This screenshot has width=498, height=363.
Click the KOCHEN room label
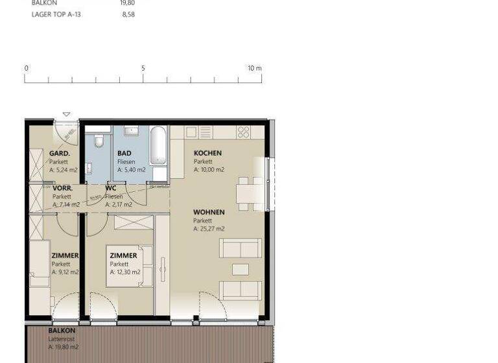pyautogui.click(x=207, y=154)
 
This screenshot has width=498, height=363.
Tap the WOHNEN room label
pyautogui.click(x=209, y=213)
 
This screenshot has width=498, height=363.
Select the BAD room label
pyautogui.click(x=124, y=154)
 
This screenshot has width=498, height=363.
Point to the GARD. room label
pyautogui.click(x=60, y=154)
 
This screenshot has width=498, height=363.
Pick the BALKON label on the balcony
pyautogui.click(x=62, y=331)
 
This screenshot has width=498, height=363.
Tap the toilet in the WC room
pyautogui.click(x=99, y=141)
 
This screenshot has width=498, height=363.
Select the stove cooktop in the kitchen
pyautogui.click(x=243, y=132)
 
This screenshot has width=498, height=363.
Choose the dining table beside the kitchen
pyautogui.click(x=246, y=193)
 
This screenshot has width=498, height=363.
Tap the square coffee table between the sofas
pyautogui.click(x=241, y=269)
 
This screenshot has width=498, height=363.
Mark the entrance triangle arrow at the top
pyautogui.click(x=66, y=115)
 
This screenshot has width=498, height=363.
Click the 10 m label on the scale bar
pyautogui.click(x=254, y=68)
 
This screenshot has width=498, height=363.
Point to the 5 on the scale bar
pyautogui.click(x=143, y=68)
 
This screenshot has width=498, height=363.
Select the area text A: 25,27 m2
pyautogui.click(x=209, y=229)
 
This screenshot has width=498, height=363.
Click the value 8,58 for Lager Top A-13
pyautogui.click(x=127, y=13)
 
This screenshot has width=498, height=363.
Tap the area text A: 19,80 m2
pyautogui.click(x=63, y=347)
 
